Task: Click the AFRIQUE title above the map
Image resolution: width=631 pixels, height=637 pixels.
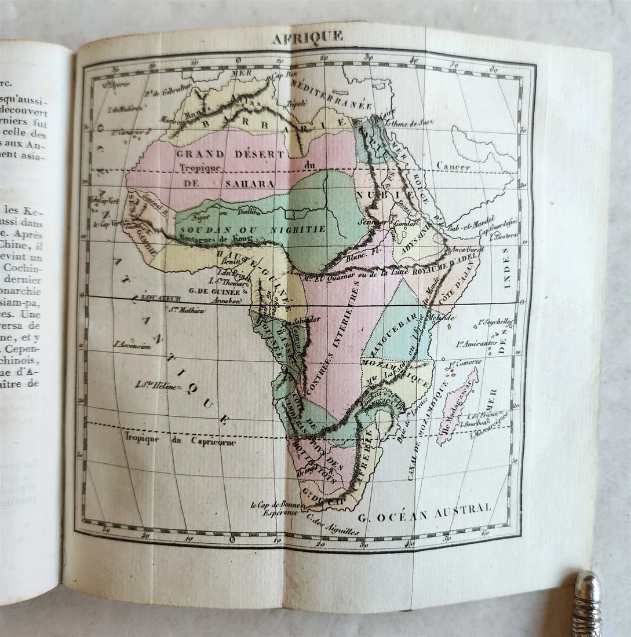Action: click(307, 38)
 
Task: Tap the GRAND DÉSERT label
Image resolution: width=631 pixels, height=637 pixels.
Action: click(231, 154)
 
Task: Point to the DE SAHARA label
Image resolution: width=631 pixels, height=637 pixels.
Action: click(230, 184)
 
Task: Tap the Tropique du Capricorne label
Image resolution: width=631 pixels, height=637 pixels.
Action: click(179, 439)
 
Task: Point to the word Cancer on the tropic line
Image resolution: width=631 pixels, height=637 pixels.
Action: click(453, 167)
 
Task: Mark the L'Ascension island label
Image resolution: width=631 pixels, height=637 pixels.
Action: click(133, 344)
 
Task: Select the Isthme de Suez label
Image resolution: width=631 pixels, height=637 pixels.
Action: click(410, 123)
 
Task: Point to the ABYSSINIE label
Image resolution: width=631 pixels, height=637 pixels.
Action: click(413, 245)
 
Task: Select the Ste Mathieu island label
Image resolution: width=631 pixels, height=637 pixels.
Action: click(187, 310)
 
